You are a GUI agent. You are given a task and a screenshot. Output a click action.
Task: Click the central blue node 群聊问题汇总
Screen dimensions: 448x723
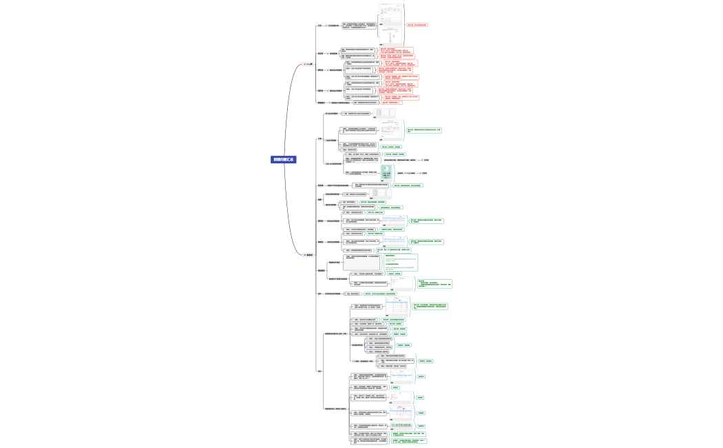coord(284,159)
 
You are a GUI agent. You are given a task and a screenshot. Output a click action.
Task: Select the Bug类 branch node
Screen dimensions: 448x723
coord(311,64)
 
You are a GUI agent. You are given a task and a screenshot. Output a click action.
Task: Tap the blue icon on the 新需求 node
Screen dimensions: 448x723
coord(304,255)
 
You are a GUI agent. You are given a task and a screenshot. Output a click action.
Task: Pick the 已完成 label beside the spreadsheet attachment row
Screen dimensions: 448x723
coord(426,173)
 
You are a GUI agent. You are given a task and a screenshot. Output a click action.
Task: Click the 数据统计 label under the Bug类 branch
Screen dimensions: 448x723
coord(320,103)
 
